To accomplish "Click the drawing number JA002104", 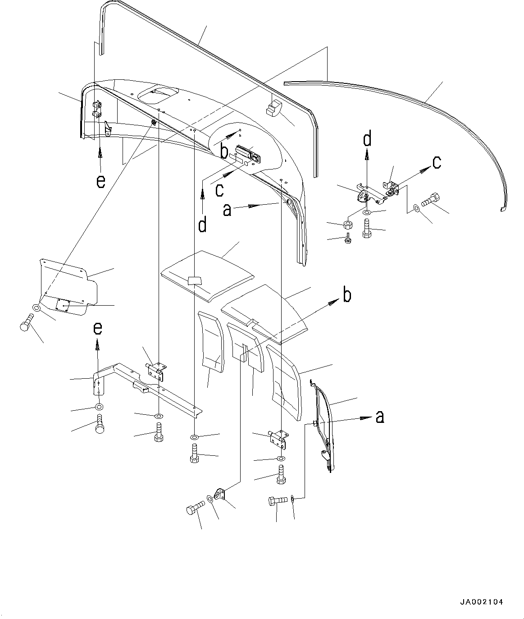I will click(481, 602).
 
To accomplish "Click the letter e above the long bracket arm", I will click(98, 329).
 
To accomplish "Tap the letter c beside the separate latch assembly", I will click(437, 162).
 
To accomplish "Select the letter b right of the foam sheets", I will click(346, 296).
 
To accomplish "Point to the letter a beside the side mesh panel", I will click(380, 417).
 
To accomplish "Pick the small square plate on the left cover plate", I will click(62, 305).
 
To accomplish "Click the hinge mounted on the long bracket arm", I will click(155, 371).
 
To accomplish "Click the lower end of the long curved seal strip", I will click(503, 208).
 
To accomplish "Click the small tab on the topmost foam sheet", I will click(195, 281).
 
